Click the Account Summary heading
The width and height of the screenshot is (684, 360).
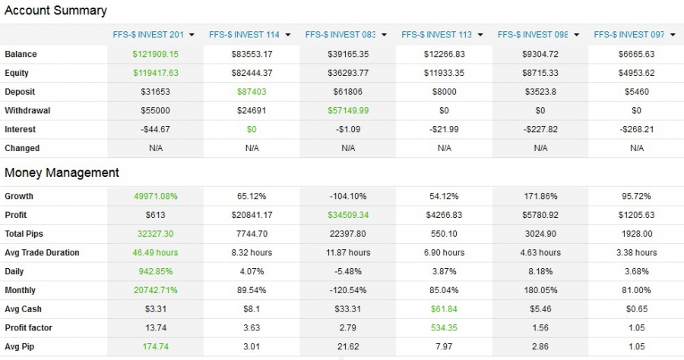(x=55, y=11)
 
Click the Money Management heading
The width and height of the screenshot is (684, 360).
(x=62, y=172)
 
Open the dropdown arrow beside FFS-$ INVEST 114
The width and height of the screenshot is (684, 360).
(x=288, y=35)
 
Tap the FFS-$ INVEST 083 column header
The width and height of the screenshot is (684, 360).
(x=340, y=34)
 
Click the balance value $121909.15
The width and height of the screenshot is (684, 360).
(x=156, y=55)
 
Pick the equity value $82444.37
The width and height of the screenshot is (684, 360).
(x=252, y=73)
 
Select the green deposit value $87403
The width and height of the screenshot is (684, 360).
(x=252, y=92)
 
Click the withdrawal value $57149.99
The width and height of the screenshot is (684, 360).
(x=348, y=111)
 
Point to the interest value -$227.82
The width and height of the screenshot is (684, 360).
(x=540, y=129)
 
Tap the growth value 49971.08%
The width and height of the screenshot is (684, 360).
(x=156, y=196)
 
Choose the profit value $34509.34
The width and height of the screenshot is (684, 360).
(x=348, y=215)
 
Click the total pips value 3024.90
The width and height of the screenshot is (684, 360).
(x=540, y=234)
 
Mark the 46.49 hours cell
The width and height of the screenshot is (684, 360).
(x=156, y=252)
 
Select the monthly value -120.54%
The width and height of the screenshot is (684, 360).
(x=348, y=290)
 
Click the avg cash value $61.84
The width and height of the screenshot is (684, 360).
(x=445, y=309)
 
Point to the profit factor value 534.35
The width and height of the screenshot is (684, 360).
(x=445, y=327)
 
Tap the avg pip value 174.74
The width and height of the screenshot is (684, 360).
(x=156, y=346)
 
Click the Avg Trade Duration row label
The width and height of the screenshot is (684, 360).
(x=42, y=252)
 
